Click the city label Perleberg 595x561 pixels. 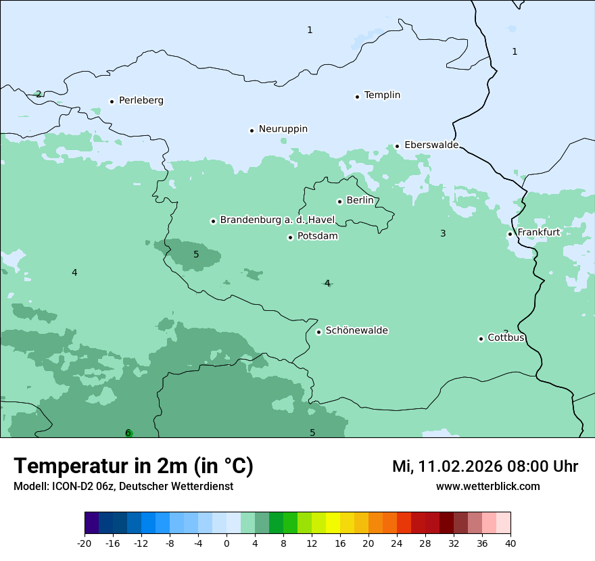tap(141, 101)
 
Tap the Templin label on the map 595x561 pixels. tap(382, 95)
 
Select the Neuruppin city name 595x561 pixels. tap(283, 129)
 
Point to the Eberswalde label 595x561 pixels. tap(431, 145)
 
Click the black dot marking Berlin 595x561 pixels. tap(339, 201)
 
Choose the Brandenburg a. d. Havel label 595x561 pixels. tap(277, 220)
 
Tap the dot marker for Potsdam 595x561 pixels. tap(290, 237)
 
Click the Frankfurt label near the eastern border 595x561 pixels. tap(538, 233)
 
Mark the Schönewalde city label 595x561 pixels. tap(356, 331)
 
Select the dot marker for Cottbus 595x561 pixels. tap(481, 339)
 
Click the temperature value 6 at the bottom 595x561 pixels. tap(128, 433)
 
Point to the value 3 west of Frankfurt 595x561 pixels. tap(443, 234)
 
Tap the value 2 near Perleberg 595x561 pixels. tap(39, 95)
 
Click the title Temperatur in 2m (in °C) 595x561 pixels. tap(133, 466)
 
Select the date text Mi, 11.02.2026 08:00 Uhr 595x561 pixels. tap(485, 466)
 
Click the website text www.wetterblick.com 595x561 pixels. tap(487, 487)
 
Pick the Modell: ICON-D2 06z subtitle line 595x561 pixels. tap(123, 487)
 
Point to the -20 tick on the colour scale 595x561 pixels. tap(85, 543)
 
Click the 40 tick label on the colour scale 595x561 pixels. tap(510, 543)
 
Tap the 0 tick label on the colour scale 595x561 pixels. tap(227, 543)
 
